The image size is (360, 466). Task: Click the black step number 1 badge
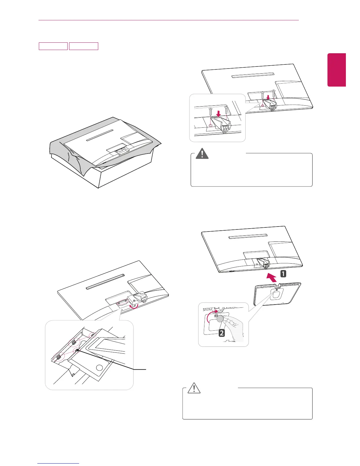pyautogui.click(x=283, y=274)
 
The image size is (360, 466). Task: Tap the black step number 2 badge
pyautogui.click(x=222, y=333)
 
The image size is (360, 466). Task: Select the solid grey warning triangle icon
pyautogui.click(x=202, y=154)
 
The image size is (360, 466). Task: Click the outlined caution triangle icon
pyautogui.click(x=194, y=388)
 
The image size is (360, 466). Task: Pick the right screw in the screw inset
pyautogui.click(x=226, y=110)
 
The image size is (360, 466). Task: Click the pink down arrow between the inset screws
pyautogui.click(x=218, y=114)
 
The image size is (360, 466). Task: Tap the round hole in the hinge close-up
pyautogui.click(x=99, y=368)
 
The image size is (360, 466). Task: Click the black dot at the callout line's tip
pyautogui.click(x=77, y=350)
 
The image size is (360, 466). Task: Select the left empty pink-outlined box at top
pyautogui.click(x=53, y=46)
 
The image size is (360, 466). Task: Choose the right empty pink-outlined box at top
pyautogui.click(x=84, y=46)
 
